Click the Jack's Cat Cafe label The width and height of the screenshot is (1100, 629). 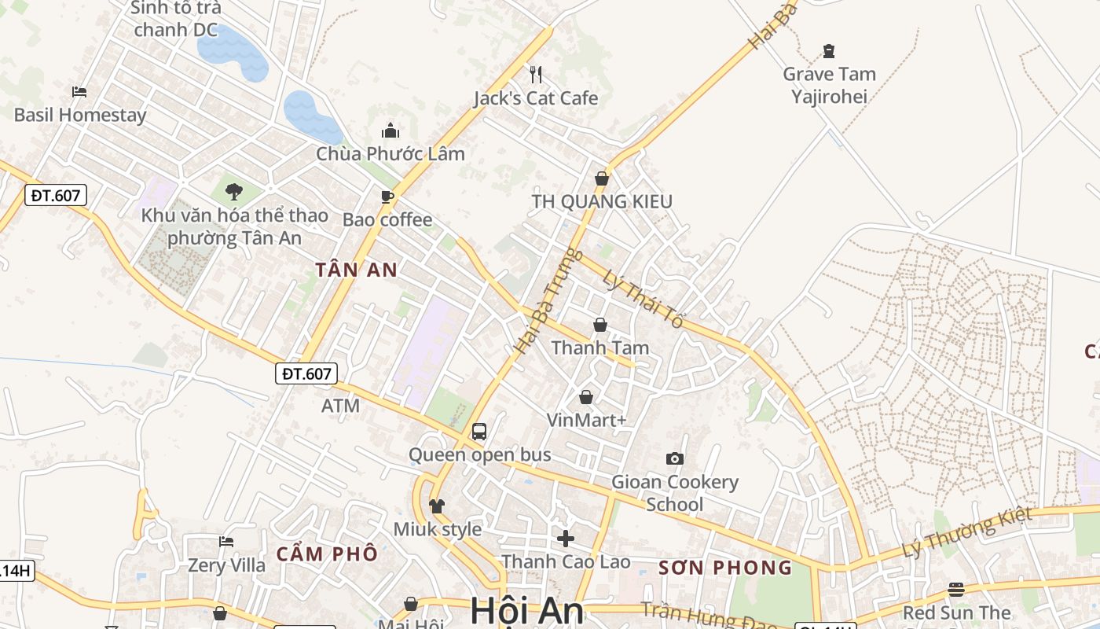pyautogui.click(x=535, y=98)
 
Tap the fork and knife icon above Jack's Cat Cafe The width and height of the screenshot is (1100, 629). pyautogui.click(x=536, y=75)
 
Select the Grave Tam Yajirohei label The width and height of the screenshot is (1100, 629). pyautogui.click(x=829, y=85)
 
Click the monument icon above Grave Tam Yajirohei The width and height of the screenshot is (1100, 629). pyautogui.click(x=829, y=51)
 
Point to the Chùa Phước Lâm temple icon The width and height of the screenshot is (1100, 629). pyautogui.click(x=390, y=131)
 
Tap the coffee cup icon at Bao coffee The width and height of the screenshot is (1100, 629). pyautogui.click(x=387, y=196)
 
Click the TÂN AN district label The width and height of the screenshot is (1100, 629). pyautogui.click(x=356, y=270)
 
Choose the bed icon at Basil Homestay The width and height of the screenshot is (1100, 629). pyautogui.click(x=79, y=92)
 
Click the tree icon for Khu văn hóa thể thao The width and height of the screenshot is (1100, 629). pyautogui.click(x=233, y=190)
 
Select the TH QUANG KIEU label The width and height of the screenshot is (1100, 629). pyautogui.click(x=602, y=201)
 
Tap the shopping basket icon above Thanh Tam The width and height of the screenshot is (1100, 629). pyautogui.click(x=600, y=324)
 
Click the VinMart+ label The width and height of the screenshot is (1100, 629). pyautogui.click(x=587, y=421)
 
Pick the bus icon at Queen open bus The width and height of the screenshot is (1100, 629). pyautogui.click(x=479, y=432)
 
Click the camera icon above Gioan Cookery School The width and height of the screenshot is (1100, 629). pyautogui.click(x=674, y=458)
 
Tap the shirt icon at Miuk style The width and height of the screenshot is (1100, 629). pyautogui.click(x=437, y=506)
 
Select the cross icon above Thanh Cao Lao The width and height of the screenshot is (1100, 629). pyautogui.click(x=565, y=539)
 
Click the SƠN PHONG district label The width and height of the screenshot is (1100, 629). pyautogui.click(x=725, y=568)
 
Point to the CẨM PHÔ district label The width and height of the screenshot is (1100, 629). pyautogui.click(x=327, y=554)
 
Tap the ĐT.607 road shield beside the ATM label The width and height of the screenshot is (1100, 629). pyautogui.click(x=306, y=373)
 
